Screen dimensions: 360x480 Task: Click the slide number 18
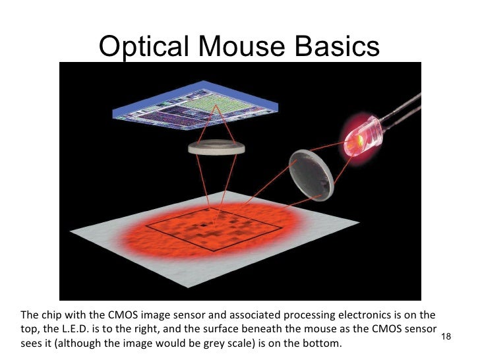[446, 337]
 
